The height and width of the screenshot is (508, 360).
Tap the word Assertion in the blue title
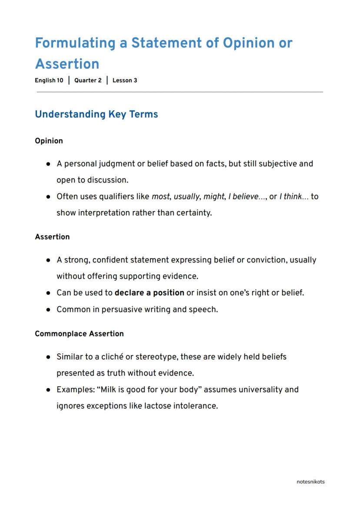[x=67, y=64]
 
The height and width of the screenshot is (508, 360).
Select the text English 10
[x=49, y=80]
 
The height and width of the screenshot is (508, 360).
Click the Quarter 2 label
[x=88, y=80]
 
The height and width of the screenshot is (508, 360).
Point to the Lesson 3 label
[x=125, y=80]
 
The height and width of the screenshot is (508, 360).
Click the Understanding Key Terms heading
[x=96, y=114]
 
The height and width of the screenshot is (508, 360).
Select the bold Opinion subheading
[x=49, y=141]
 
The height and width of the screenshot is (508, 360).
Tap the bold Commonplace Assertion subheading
[x=79, y=334]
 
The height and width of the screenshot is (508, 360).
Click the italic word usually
[x=186, y=196]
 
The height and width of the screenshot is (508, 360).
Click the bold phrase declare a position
[x=149, y=292]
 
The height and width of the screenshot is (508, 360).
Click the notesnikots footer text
[x=310, y=481]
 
